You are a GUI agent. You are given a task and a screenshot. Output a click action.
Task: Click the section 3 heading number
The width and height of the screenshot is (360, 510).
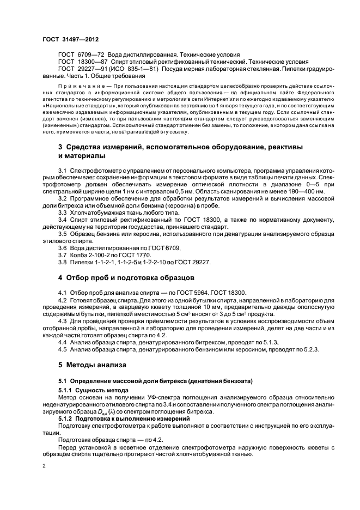coord(60,147)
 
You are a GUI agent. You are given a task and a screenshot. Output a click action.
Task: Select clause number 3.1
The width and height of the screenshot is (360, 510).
coord(63,171)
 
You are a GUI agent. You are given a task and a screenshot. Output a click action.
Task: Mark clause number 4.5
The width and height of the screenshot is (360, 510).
coord(63,349)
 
